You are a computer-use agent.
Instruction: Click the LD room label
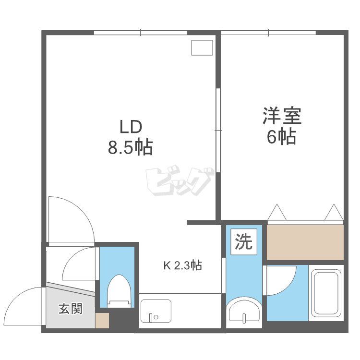[x=130, y=127]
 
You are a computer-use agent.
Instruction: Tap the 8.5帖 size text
[x=130, y=147]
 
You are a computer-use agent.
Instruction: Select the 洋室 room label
[x=281, y=117]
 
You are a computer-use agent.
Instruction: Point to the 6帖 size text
[x=281, y=137]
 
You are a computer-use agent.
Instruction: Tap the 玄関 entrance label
[x=71, y=309]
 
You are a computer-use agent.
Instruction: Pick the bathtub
[x=326, y=293]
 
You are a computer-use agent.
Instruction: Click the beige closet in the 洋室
[x=305, y=242]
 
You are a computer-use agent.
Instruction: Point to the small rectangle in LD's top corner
[x=202, y=48]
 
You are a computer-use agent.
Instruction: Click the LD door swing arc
[x=72, y=218]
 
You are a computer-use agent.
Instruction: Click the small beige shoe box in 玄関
[x=102, y=321]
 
